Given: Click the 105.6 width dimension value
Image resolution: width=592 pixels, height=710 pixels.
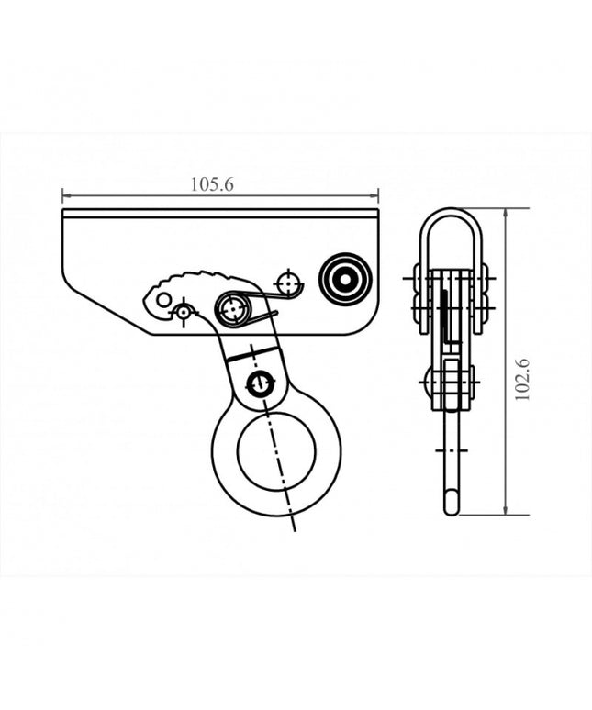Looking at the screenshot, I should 213,184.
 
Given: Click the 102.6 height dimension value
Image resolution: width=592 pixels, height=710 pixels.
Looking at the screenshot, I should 523,378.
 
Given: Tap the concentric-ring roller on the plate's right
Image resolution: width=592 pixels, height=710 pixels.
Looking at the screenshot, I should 345,277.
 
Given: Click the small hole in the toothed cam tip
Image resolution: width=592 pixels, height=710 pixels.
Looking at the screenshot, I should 163,300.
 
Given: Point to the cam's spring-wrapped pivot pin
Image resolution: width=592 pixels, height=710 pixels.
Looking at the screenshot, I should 232,309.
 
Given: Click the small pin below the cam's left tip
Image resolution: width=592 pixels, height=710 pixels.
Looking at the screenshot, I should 184,313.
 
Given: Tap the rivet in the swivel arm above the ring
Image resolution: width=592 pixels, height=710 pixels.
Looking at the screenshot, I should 262,384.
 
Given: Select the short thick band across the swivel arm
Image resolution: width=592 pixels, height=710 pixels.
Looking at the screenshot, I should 251,352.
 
